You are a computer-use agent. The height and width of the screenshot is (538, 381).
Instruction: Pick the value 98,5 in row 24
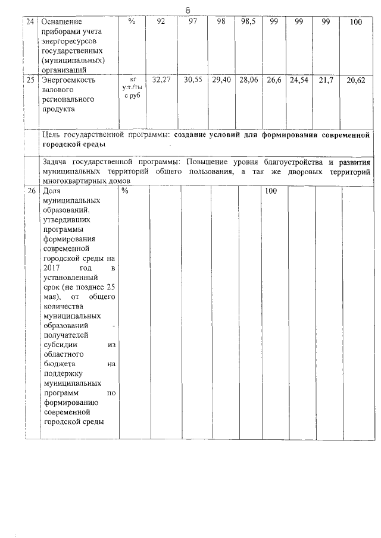(x=249, y=22)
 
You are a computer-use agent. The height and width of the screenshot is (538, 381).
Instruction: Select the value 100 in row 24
(x=355, y=23)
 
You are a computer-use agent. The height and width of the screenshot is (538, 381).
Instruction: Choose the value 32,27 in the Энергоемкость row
(x=161, y=79)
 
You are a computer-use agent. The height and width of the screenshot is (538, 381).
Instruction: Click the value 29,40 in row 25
(x=221, y=79)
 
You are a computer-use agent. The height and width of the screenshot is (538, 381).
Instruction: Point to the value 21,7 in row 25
(x=326, y=79)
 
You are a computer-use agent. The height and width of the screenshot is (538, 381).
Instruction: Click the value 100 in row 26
(x=271, y=191)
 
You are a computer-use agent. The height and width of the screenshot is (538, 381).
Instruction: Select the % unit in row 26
(x=125, y=191)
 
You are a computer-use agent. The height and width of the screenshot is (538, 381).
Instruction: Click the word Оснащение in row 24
(x=65, y=22)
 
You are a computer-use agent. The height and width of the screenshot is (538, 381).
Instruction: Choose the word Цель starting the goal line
(x=54, y=135)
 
